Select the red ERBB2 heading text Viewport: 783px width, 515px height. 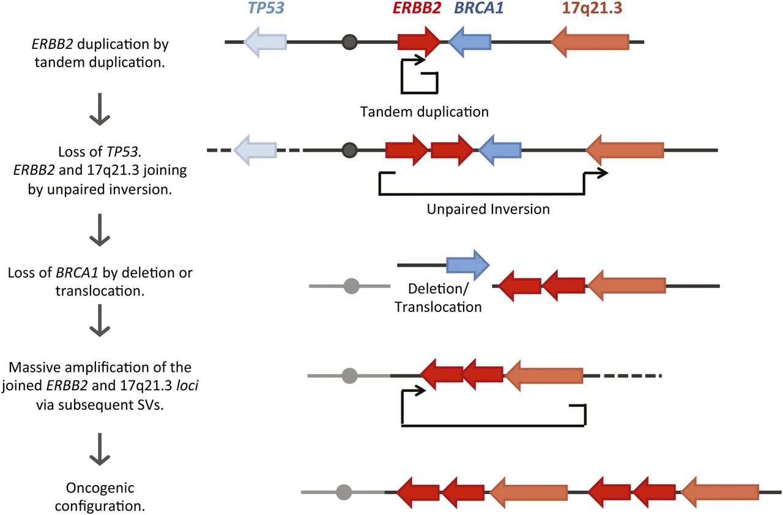[418, 9]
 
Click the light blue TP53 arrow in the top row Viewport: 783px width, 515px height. [265, 42]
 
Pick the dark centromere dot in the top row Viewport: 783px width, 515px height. [349, 42]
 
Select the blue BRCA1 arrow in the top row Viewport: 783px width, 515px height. [470, 42]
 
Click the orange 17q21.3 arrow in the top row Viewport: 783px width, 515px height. [590, 42]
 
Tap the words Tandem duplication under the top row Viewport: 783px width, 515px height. [425, 111]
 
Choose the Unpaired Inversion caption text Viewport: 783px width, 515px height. [488, 209]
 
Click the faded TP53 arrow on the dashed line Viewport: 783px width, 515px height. [256, 150]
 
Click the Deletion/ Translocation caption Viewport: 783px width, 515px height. [438, 297]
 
